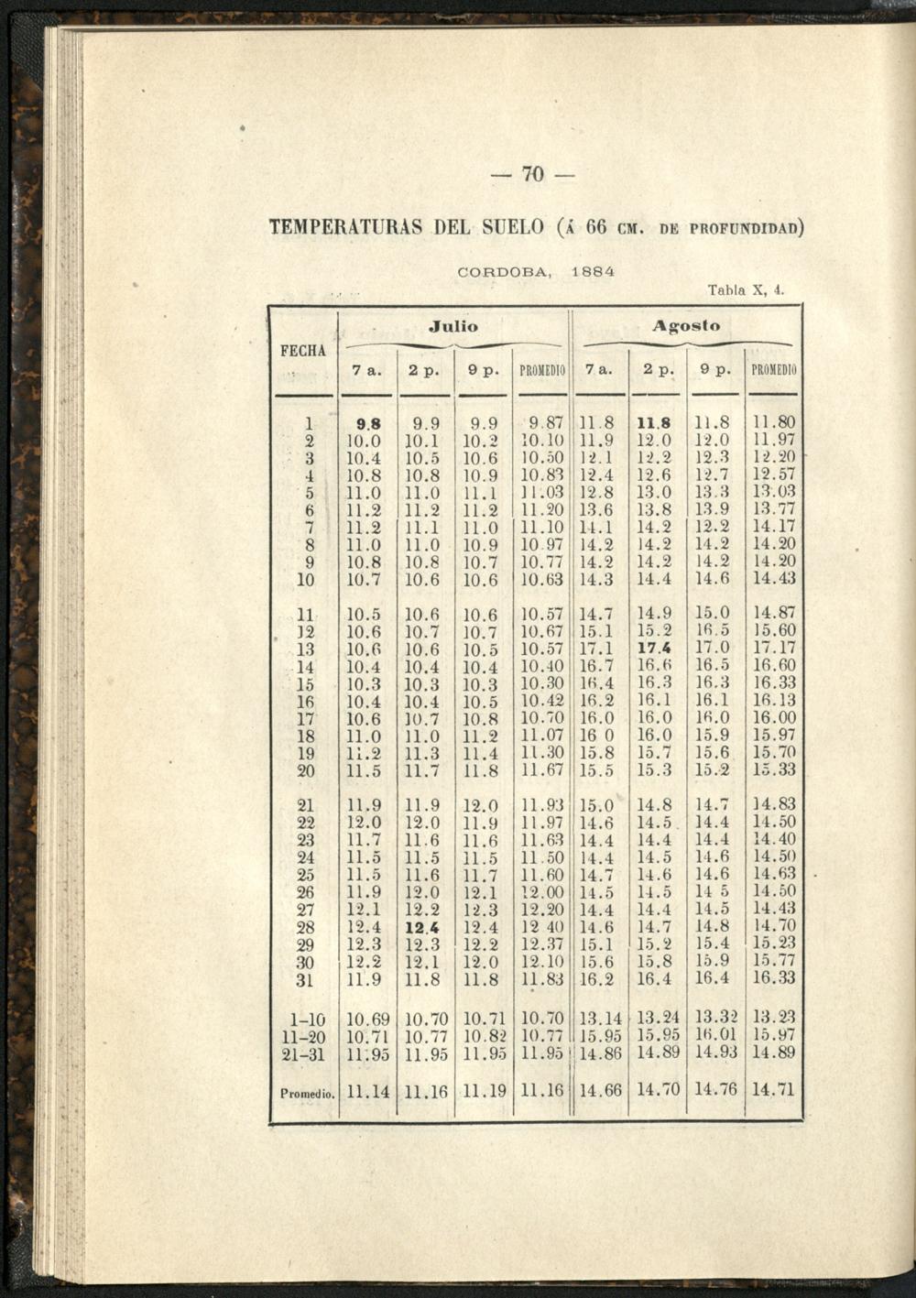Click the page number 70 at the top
point(533,173)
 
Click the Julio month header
point(453,326)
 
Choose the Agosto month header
point(686,326)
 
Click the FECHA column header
point(303,351)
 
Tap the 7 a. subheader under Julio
point(366,371)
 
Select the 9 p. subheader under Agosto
point(715,371)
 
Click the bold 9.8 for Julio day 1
point(368,424)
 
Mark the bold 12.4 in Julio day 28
point(422,927)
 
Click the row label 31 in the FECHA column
point(305,979)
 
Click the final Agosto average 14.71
point(774,1090)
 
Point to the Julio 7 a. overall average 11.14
point(368,1091)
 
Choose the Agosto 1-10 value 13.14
point(601,1018)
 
